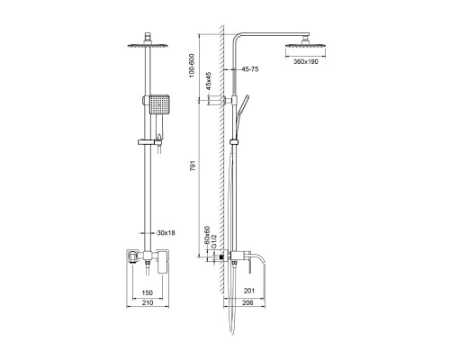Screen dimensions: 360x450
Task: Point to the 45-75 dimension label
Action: pos(251,68)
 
